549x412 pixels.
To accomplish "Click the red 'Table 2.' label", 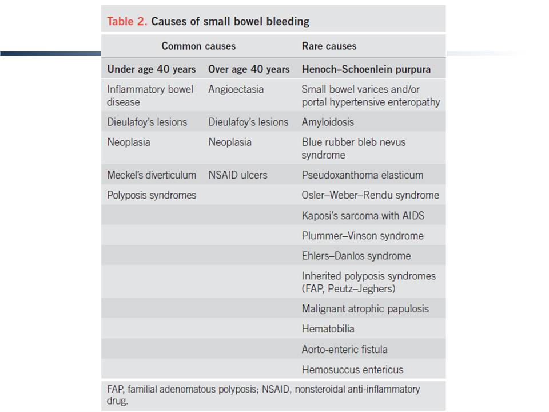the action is [127, 21].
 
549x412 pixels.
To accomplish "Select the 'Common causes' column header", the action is [198, 46].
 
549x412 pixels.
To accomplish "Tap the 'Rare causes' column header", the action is [329, 46].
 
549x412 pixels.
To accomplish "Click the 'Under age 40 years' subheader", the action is [151, 69].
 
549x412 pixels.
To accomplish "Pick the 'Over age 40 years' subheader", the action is [249, 69].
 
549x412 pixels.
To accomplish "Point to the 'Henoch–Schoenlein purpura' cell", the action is [366, 69].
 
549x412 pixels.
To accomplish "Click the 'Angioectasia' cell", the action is [236, 89].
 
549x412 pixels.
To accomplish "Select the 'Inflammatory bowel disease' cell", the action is [150, 96].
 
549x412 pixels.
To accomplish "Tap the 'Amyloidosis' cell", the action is [328, 122].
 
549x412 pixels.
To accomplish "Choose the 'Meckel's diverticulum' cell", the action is [152, 175].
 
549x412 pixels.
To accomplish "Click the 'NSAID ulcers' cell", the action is [238, 175].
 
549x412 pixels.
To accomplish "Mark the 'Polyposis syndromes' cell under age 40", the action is [152, 195].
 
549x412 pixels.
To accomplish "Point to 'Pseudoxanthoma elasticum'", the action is [363, 175].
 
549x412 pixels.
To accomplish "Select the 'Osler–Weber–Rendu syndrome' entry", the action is [371, 195].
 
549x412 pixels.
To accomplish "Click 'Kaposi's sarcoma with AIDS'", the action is [363, 216].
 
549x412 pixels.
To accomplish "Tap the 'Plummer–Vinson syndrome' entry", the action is [363, 236].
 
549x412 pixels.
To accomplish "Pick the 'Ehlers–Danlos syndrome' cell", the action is [356, 256].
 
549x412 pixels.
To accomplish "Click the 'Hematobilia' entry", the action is [328, 329].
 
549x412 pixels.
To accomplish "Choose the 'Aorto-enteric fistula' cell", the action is [344, 349].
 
